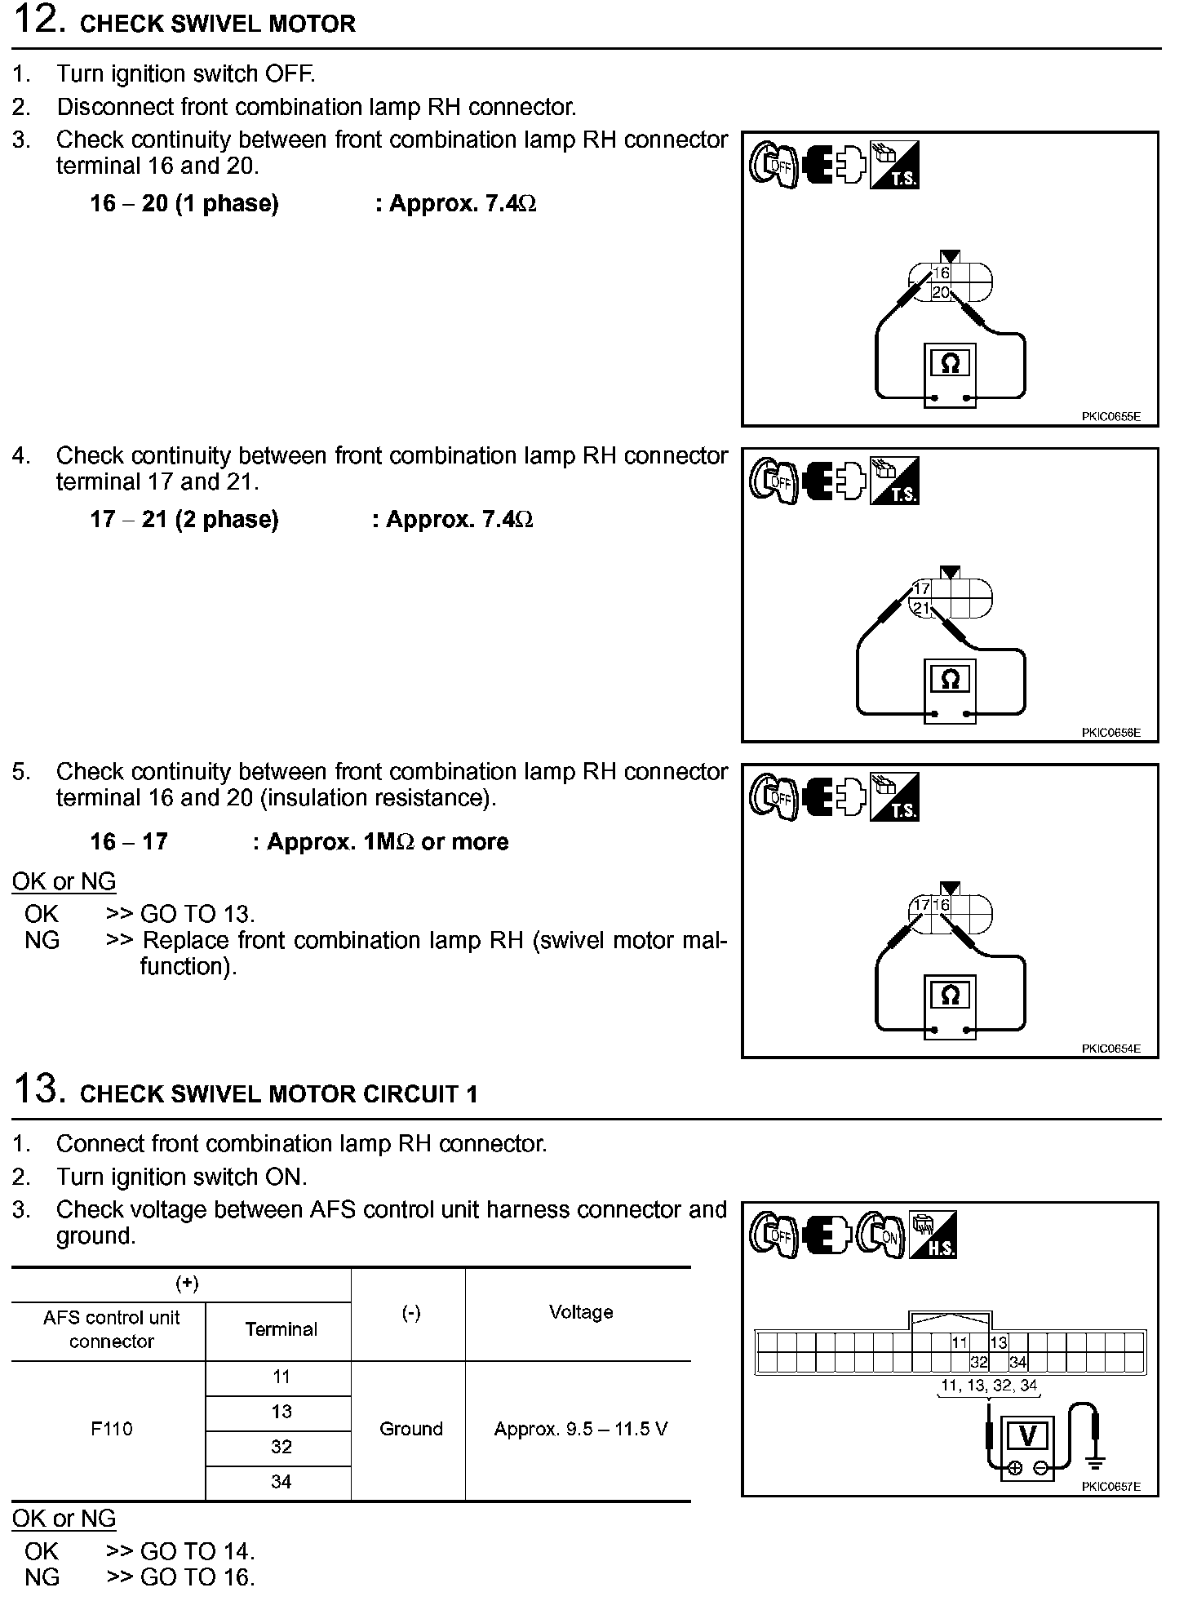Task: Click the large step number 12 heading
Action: (x=39, y=20)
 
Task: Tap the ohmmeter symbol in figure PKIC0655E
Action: (x=951, y=363)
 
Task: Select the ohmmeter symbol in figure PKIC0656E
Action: (x=951, y=679)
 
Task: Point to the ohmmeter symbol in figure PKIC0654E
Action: (x=951, y=995)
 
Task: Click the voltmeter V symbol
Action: (x=1028, y=1435)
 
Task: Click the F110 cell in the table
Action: (x=112, y=1429)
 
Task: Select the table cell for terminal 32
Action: (x=281, y=1447)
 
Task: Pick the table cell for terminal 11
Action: (x=281, y=1377)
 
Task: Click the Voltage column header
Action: (x=580, y=1312)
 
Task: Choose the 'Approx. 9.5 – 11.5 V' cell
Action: (x=580, y=1429)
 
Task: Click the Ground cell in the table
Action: (x=410, y=1429)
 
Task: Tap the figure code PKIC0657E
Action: (x=1110, y=1487)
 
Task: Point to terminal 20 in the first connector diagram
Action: (x=941, y=292)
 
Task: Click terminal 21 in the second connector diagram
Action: (x=921, y=609)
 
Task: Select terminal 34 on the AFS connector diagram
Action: (x=1017, y=1362)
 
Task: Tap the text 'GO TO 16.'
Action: (x=197, y=1578)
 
